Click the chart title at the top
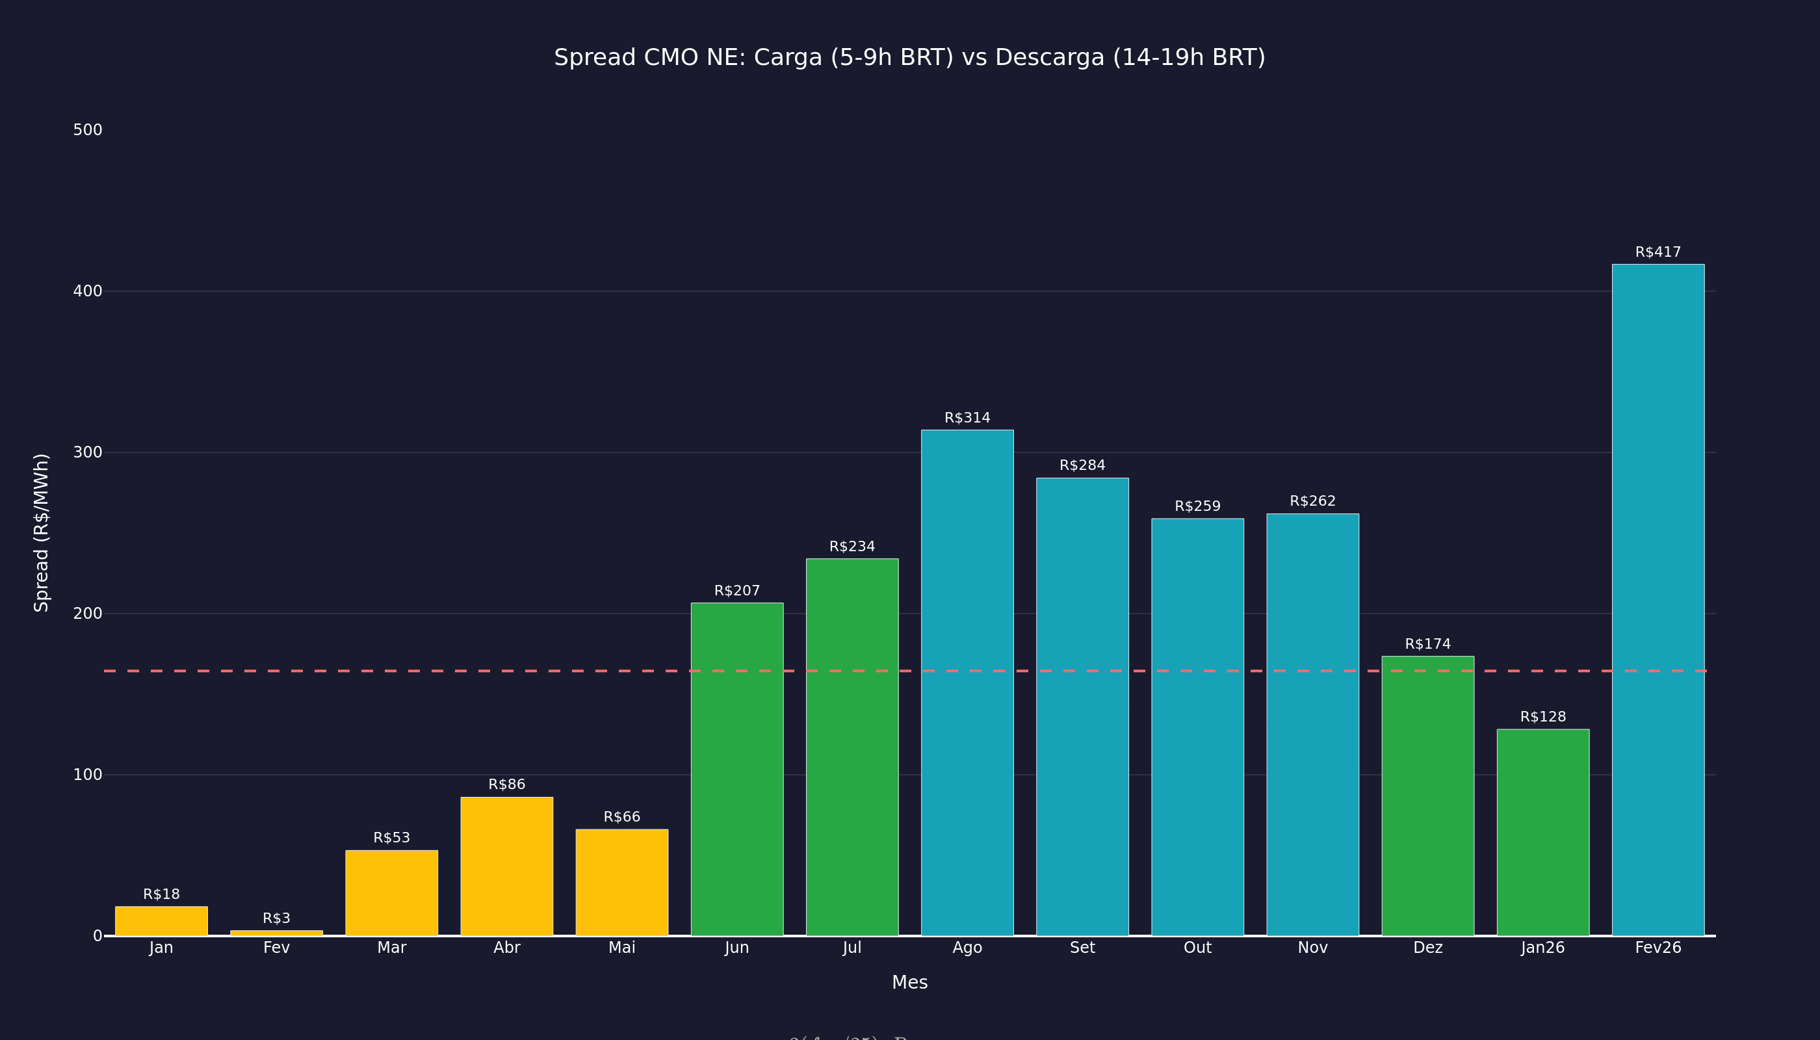tap(909, 57)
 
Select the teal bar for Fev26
tap(1658, 600)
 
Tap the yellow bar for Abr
tap(506, 866)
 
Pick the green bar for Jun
tap(736, 770)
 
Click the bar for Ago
tap(967, 683)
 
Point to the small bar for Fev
tap(276, 933)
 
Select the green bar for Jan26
tap(1543, 833)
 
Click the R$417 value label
tap(1658, 252)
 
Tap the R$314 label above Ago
tap(967, 418)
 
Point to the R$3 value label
tap(276, 918)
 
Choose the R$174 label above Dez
tap(1428, 644)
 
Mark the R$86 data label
tap(506, 785)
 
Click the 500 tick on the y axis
tap(88, 130)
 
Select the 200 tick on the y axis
tap(88, 614)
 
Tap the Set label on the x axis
tap(1082, 948)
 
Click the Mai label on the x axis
tap(621, 948)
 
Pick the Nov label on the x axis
tap(1312, 948)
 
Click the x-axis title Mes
tap(909, 983)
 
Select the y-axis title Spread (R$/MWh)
tap(42, 533)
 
